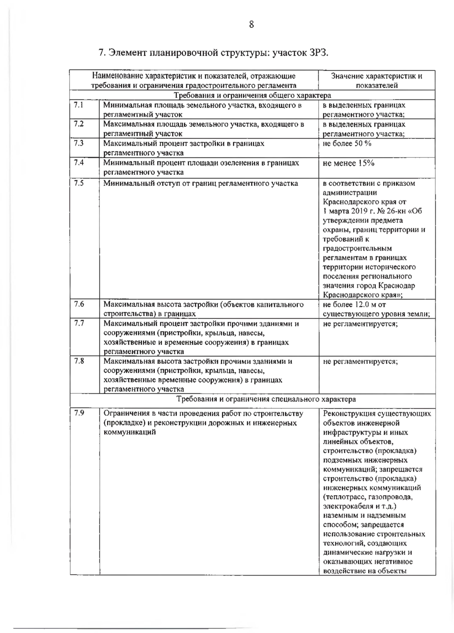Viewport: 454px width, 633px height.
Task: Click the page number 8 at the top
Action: (x=252, y=25)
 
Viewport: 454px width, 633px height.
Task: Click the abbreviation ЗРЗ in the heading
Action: (x=318, y=52)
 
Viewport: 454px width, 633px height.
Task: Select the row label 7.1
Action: (x=79, y=105)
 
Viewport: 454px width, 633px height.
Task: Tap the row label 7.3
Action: (x=79, y=143)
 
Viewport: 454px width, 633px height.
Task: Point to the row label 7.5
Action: (x=79, y=183)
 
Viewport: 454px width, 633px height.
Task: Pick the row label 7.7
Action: (x=79, y=323)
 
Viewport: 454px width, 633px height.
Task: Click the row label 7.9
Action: (x=79, y=413)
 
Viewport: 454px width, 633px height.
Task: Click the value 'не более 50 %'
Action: (x=347, y=143)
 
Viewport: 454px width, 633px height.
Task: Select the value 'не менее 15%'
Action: (x=348, y=163)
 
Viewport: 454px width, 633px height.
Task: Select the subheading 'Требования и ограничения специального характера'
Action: (x=266, y=399)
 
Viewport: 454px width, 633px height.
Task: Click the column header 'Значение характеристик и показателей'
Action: (x=376, y=81)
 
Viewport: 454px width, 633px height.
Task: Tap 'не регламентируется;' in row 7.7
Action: (x=360, y=324)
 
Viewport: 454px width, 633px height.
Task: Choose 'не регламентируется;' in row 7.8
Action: (x=360, y=362)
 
